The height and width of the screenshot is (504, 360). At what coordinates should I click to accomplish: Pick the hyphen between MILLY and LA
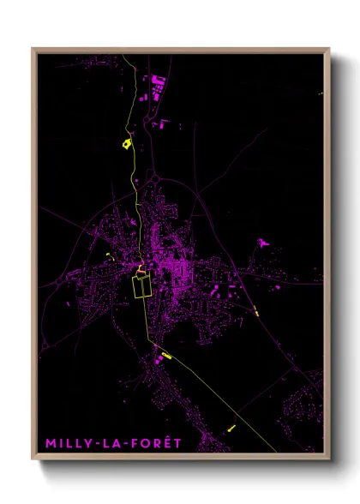pos(98,444)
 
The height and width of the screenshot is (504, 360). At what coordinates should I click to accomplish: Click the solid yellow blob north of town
pos(127,143)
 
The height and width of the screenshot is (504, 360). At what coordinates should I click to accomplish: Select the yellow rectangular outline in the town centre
pos(141,285)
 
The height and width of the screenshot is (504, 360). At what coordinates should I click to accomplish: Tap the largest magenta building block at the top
pos(158,84)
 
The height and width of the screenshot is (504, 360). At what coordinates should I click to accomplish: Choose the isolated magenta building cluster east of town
pos(262,244)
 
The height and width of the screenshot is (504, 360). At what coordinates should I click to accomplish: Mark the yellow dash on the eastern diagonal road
pos(256,311)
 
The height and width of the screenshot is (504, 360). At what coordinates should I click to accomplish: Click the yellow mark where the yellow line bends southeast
pos(165,355)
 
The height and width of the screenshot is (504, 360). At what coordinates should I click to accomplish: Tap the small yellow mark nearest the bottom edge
pos(231,426)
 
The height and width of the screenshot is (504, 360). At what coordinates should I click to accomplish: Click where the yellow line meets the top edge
pos(124,54)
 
